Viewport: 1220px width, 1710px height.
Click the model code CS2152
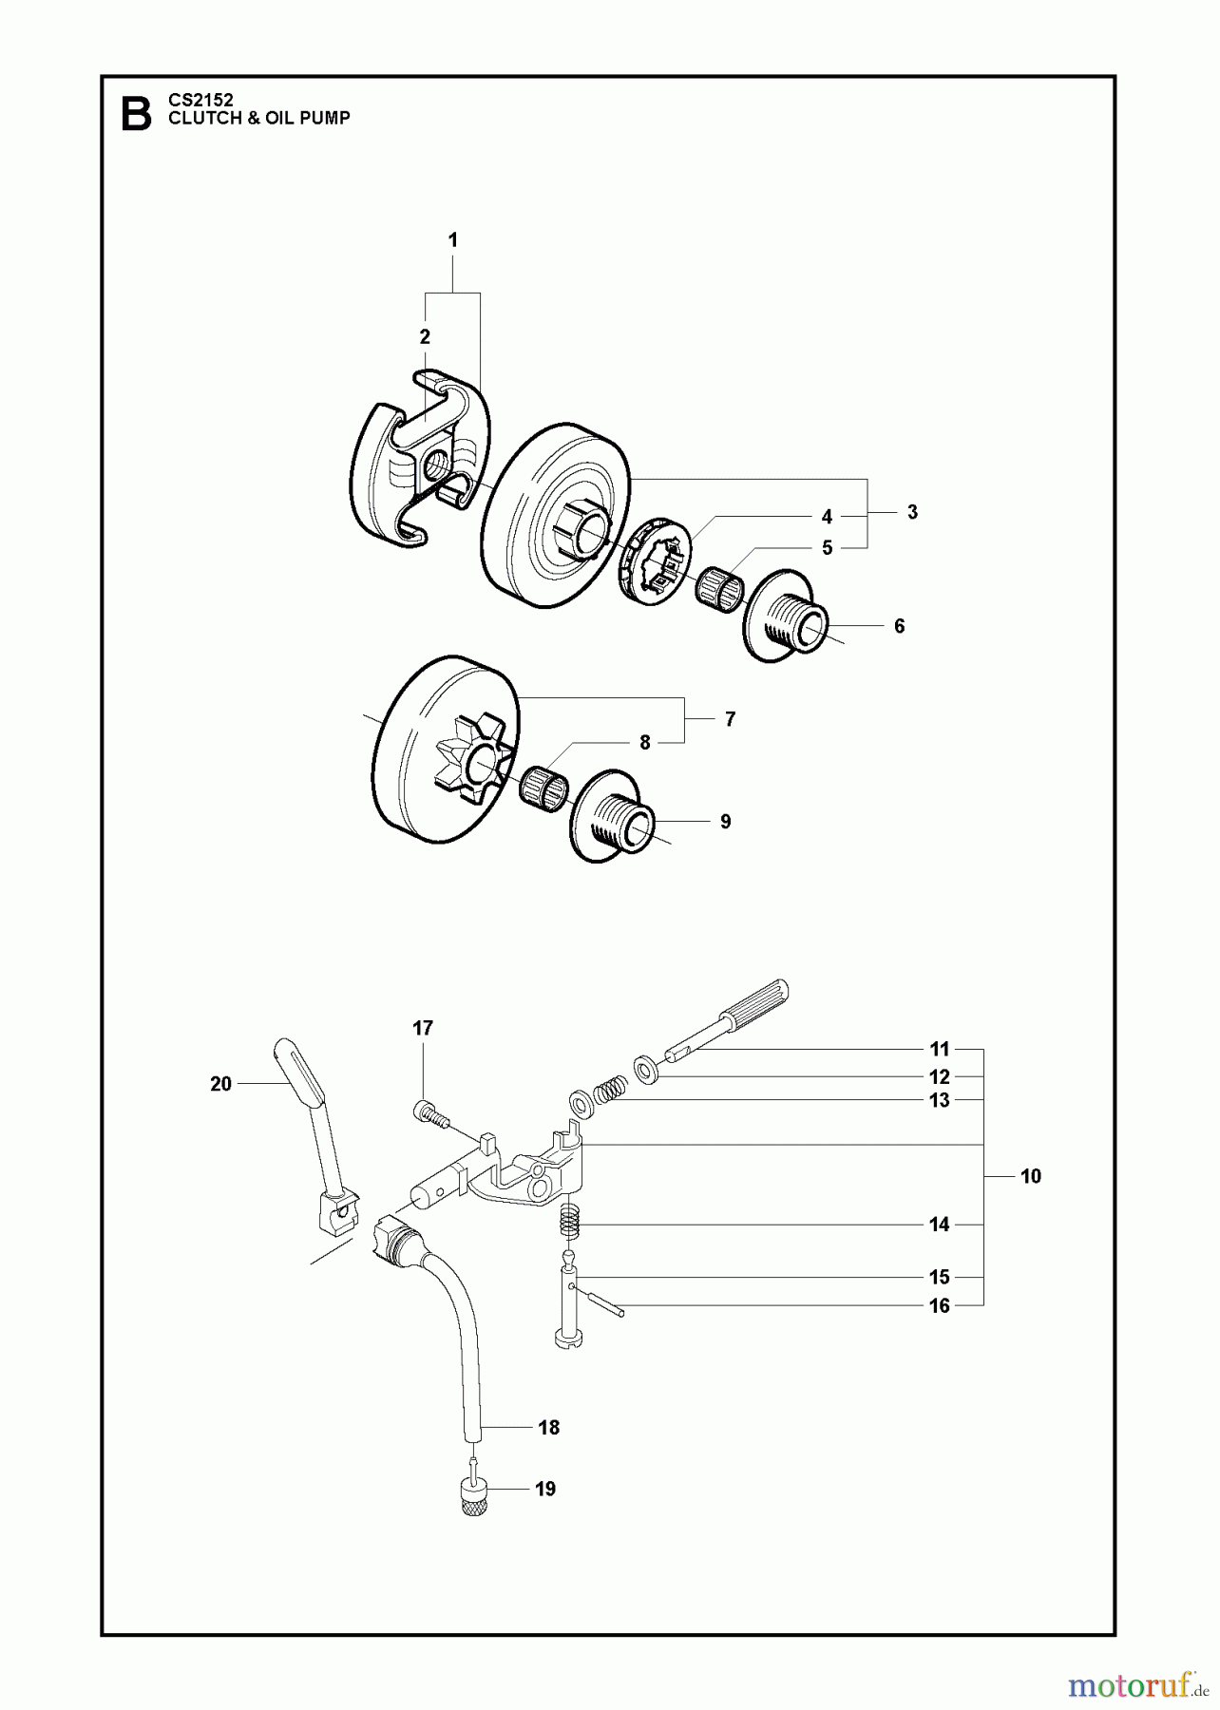point(200,99)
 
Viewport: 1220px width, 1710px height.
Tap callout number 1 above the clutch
point(453,240)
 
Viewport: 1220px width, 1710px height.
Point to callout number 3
point(912,512)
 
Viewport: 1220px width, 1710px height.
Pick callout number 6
point(899,626)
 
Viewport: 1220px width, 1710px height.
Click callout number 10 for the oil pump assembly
point(1031,1176)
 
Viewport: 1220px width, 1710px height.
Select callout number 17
point(423,1028)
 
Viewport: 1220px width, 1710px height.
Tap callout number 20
point(220,1084)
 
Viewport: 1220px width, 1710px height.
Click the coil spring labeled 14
point(568,1219)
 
